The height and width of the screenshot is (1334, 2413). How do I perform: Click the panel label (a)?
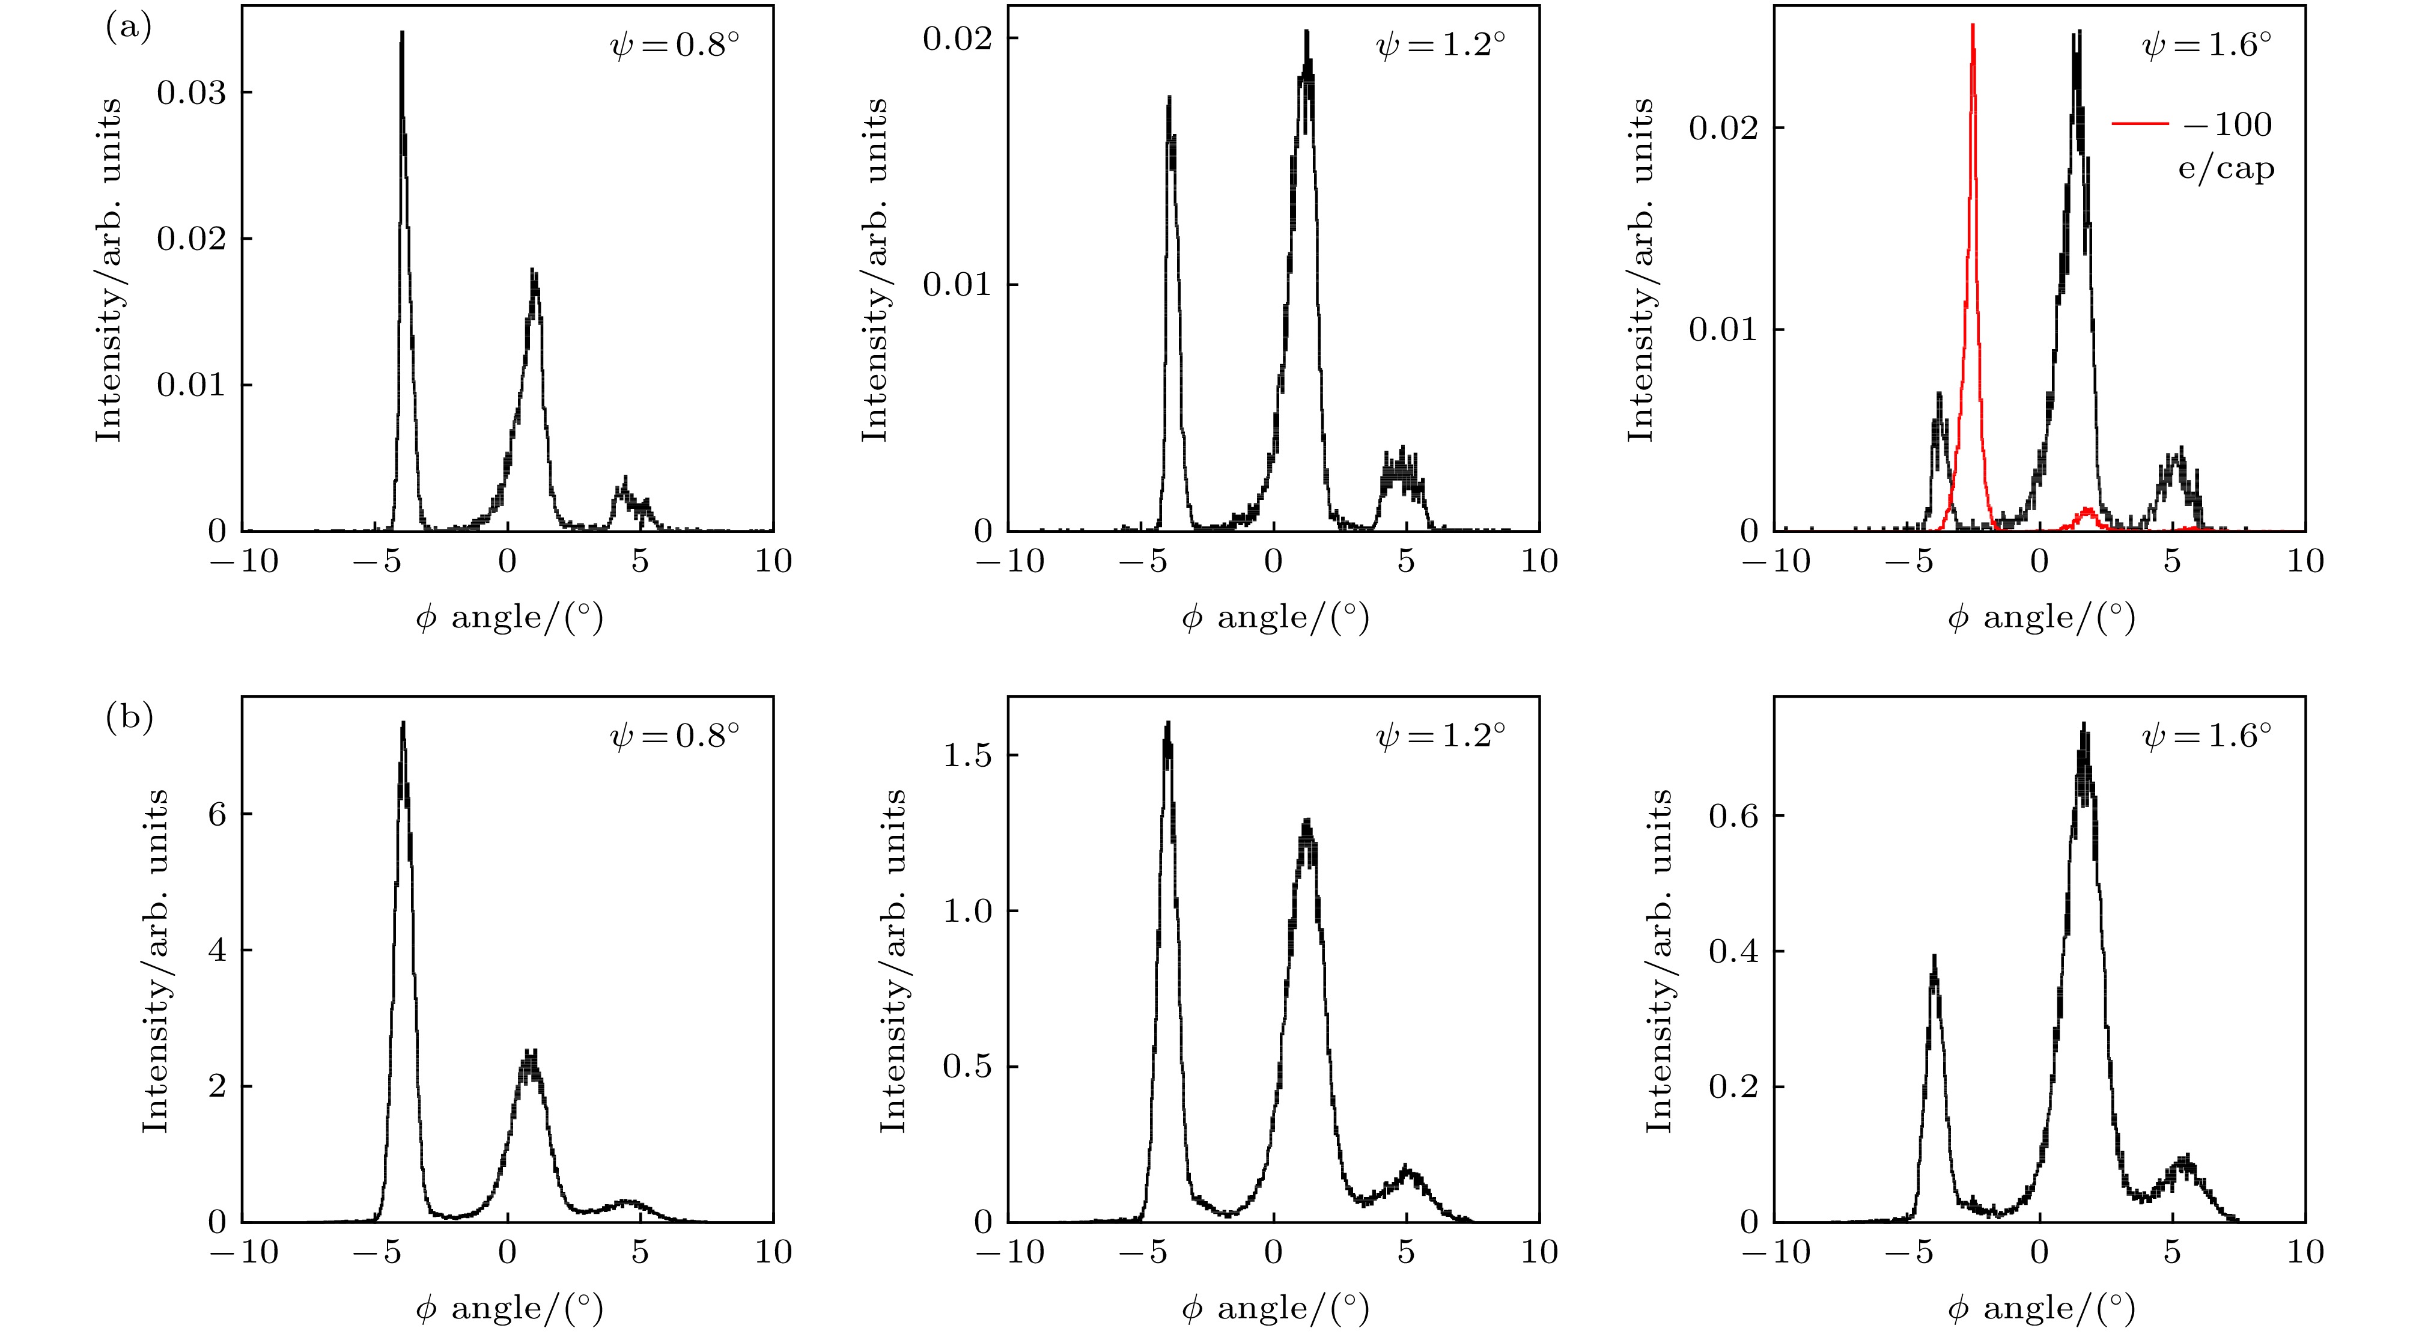[x=129, y=28]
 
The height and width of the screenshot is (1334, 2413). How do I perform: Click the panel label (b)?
[x=129, y=719]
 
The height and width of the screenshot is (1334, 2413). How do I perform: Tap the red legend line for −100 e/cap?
[x=2140, y=124]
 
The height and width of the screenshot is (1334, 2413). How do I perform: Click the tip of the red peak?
[x=1973, y=26]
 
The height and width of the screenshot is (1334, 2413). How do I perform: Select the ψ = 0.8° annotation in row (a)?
[x=674, y=45]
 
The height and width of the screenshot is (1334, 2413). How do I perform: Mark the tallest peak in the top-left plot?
[x=402, y=34]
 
